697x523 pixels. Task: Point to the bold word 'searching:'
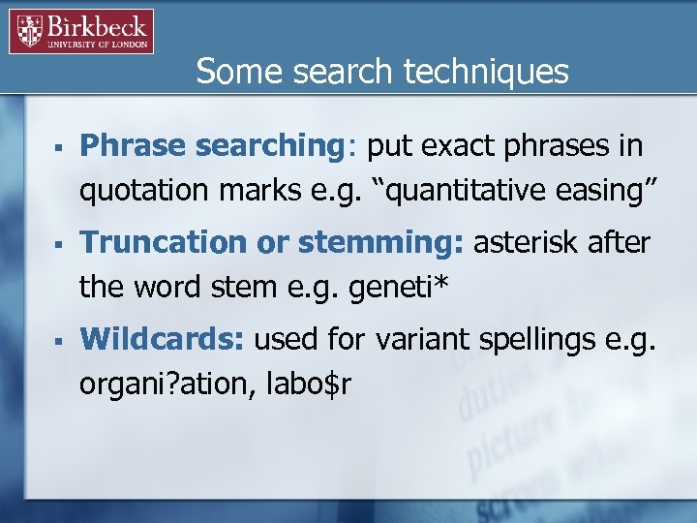pos(276,146)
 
